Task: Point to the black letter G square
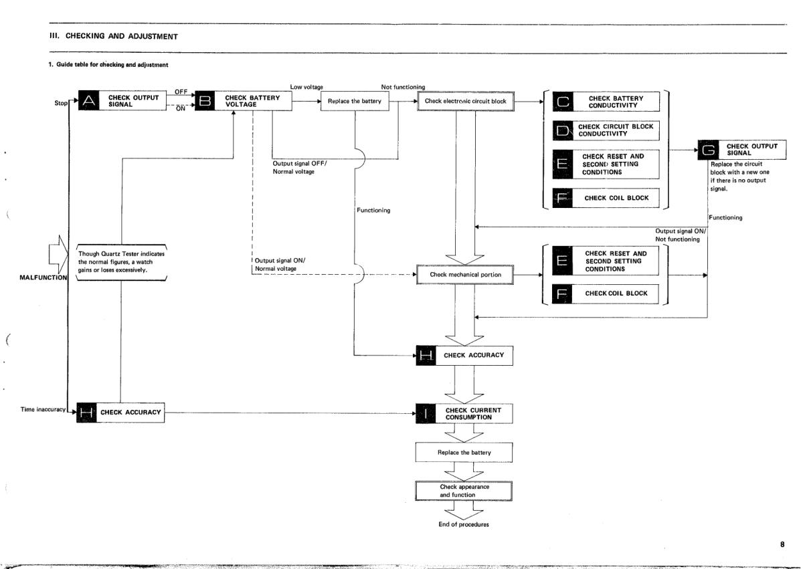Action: tap(708, 150)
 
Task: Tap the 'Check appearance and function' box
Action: tap(464, 491)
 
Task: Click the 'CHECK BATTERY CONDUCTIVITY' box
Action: tap(616, 102)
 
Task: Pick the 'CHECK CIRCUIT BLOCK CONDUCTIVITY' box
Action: tap(616, 130)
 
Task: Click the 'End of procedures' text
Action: tap(464, 524)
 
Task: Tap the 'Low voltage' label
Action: tap(306, 88)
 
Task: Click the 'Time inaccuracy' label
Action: tap(43, 409)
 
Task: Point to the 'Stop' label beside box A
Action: tap(60, 104)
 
